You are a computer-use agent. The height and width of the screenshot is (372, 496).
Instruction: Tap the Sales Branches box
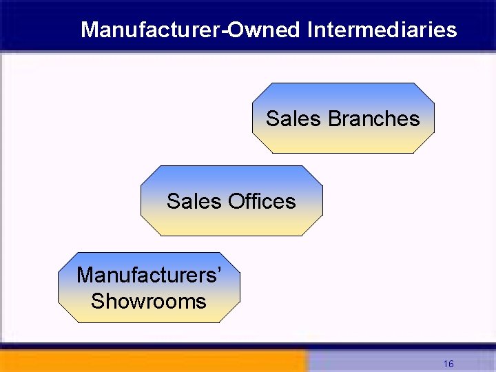pyautogui.click(x=342, y=118)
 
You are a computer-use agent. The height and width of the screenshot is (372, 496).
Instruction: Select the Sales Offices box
pyautogui.click(x=231, y=200)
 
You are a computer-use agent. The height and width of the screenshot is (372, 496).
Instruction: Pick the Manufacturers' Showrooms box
pyautogui.click(x=149, y=287)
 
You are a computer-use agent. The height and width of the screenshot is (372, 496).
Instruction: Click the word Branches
pyautogui.click(x=373, y=118)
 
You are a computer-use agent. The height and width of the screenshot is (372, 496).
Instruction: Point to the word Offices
pyautogui.click(x=261, y=201)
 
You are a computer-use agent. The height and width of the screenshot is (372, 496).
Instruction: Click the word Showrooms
pyautogui.click(x=149, y=301)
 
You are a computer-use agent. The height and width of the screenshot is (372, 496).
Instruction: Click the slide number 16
pyautogui.click(x=448, y=364)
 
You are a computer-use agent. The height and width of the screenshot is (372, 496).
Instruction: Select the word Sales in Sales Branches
pyautogui.click(x=293, y=118)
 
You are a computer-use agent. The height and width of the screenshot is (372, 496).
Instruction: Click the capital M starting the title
pyautogui.click(x=89, y=30)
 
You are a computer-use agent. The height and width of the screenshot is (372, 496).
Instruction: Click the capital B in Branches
pyautogui.click(x=333, y=118)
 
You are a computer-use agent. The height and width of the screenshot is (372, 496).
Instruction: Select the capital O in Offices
pyautogui.click(x=236, y=201)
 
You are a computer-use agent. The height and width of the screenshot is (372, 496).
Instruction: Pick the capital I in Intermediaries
pyautogui.click(x=311, y=30)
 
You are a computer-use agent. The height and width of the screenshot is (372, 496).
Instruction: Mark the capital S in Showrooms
pyautogui.click(x=97, y=301)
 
